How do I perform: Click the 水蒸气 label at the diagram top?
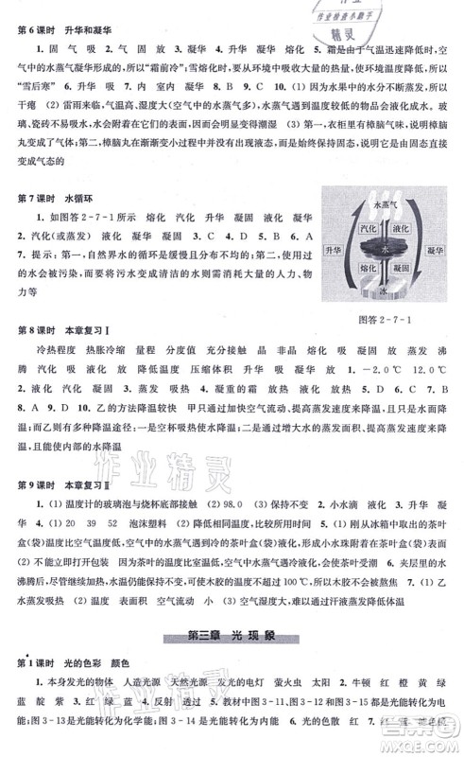pyautogui.click(x=385, y=203)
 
